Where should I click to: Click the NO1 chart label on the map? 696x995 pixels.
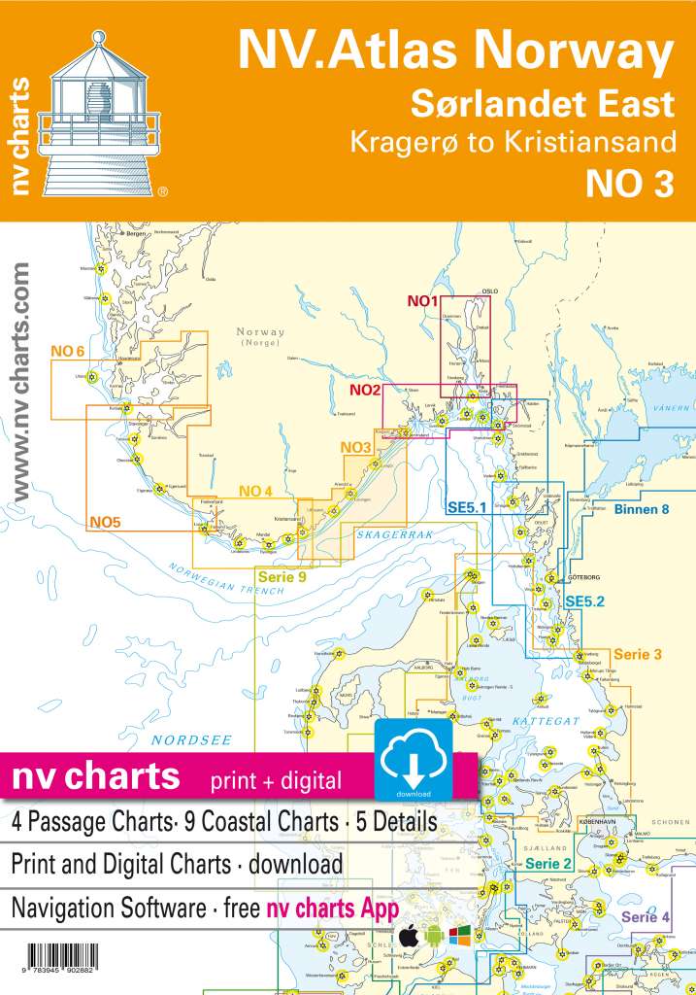point(424,301)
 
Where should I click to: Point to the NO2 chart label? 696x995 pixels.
point(364,391)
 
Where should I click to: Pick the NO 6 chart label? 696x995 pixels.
point(67,351)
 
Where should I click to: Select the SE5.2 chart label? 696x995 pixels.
point(586,601)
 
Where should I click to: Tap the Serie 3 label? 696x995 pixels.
point(638,654)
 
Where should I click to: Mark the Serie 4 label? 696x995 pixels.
point(646,916)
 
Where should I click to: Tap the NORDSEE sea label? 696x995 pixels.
point(191,739)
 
